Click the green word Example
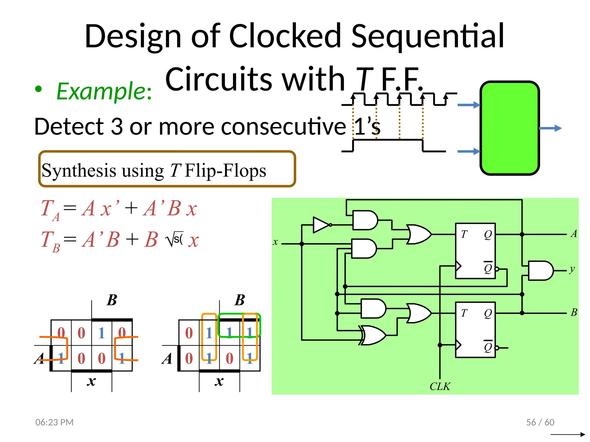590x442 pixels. [x=104, y=92]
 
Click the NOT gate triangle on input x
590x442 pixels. [x=321, y=225]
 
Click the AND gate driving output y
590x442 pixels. [x=540, y=270]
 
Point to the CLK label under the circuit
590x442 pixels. [x=440, y=386]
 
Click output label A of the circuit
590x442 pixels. [x=574, y=234]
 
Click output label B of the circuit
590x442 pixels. [x=574, y=312]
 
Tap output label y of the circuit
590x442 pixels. [x=572, y=269]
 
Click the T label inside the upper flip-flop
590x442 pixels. [x=464, y=235]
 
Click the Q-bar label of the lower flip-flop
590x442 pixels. [x=488, y=347]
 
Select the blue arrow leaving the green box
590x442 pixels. [x=550, y=128]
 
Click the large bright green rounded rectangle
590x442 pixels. [x=509, y=128]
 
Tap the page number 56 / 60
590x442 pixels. [x=540, y=422]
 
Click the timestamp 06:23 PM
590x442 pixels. [x=54, y=422]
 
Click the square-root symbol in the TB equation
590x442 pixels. [x=170, y=240]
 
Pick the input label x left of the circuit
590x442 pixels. [x=275, y=242]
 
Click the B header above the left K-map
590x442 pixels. [x=112, y=300]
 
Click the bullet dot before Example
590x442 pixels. [x=38, y=89]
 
